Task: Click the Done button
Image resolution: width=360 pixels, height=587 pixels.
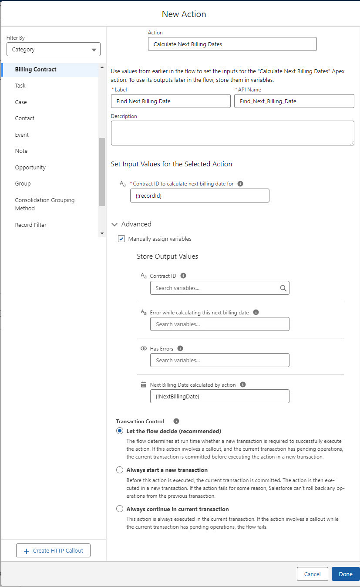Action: (345, 574)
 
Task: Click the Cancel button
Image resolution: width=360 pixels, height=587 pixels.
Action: (312, 574)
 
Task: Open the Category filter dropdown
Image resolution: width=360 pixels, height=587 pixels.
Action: (54, 50)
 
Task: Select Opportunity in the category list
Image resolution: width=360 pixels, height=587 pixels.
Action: (30, 167)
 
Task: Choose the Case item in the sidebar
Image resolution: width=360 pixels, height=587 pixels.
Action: (21, 102)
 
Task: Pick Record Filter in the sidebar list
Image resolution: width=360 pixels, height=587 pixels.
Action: (31, 225)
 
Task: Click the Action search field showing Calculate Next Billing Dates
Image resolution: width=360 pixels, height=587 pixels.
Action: (232, 44)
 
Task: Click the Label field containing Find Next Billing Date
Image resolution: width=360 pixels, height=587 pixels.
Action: (171, 101)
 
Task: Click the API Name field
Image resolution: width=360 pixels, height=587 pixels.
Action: (294, 101)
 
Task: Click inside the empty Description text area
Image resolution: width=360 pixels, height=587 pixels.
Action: (232, 133)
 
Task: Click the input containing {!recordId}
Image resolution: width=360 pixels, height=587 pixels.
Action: (199, 196)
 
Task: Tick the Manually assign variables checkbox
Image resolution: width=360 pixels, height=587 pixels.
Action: (122, 239)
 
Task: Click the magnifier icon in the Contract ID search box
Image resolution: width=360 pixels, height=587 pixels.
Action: (283, 288)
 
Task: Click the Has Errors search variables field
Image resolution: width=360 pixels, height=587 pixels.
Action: (219, 360)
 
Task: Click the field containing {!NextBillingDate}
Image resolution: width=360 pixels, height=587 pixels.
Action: (219, 396)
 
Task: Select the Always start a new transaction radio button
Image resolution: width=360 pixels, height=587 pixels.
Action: (120, 470)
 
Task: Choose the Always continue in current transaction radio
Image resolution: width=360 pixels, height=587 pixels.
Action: (120, 509)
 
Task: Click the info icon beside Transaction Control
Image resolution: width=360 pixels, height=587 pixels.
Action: (176, 421)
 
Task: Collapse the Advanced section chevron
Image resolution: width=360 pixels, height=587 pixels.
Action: (114, 224)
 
